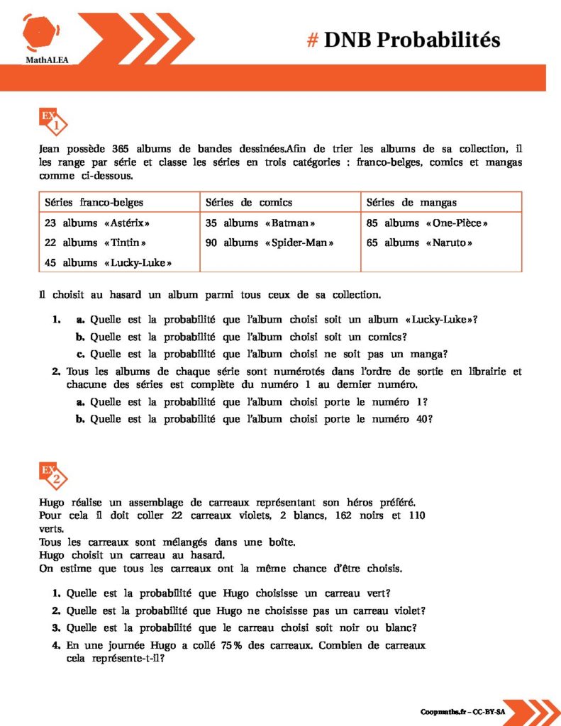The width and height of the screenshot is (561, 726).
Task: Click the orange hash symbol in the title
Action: (x=312, y=40)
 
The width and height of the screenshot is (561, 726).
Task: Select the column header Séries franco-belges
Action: (x=94, y=202)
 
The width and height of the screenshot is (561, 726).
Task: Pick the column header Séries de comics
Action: (x=248, y=202)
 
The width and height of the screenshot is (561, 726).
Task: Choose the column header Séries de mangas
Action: (x=411, y=202)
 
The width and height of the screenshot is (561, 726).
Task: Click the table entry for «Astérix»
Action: (x=98, y=223)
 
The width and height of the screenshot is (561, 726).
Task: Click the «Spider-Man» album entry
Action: (x=270, y=242)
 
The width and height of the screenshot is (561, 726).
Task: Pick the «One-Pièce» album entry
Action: (x=427, y=223)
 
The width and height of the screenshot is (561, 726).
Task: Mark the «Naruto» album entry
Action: (x=419, y=242)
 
